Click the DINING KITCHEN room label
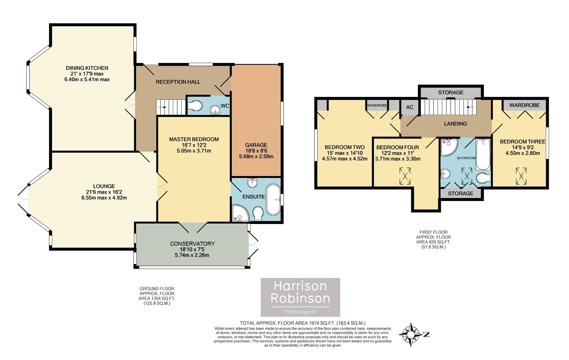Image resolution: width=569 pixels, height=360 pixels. tap(87, 68)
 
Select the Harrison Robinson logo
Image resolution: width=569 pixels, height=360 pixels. tap(300, 297)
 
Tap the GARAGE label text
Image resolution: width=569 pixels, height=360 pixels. tap(256, 145)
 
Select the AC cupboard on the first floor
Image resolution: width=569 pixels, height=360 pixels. tap(410, 107)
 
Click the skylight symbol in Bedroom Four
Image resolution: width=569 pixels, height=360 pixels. tap(405, 176)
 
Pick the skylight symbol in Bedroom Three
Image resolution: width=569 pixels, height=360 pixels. tap(521, 176)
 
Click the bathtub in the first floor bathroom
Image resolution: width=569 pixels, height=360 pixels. tap(483, 155)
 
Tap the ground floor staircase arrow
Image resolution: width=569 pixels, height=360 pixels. tap(163, 107)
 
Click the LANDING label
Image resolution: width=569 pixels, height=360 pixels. tap(455, 124)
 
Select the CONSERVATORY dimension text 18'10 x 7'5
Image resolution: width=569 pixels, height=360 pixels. tap(192, 250)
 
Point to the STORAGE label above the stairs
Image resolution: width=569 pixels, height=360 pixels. tap(451, 92)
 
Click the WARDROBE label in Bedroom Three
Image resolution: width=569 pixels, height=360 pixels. tap(524, 105)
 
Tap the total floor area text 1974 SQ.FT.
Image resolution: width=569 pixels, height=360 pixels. tap(303, 323)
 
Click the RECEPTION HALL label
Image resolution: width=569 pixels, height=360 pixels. tap(178, 82)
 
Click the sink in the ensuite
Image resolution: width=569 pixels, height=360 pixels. tap(252, 182)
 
